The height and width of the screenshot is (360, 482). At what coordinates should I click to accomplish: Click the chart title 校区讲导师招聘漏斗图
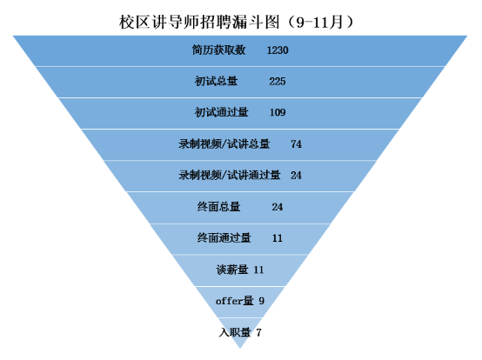pos(199,22)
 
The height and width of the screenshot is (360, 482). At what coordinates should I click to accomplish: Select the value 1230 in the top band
pos(278,50)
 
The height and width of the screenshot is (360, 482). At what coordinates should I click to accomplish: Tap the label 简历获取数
pos(218,50)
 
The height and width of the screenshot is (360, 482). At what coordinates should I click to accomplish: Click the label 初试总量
pos(216,81)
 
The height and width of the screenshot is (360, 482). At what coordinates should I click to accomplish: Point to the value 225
pos(278,82)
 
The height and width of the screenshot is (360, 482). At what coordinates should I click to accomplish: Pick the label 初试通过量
pos(221,112)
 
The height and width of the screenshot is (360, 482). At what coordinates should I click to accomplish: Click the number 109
pos(278,112)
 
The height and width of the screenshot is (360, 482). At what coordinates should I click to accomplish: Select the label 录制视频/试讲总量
pos(224,144)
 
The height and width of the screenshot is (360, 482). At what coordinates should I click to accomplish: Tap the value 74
pos(296,144)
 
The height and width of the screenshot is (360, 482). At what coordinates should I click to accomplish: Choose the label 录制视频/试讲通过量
pos(230,175)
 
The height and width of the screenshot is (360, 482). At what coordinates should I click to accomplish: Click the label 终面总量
pos(218,207)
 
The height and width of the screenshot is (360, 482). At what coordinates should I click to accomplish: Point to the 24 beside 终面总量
pos(278,207)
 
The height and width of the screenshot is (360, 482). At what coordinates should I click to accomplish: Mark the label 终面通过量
pos(224,238)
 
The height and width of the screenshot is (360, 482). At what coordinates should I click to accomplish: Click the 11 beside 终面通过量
pos(278,238)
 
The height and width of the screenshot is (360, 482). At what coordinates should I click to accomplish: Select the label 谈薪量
pos(232,270)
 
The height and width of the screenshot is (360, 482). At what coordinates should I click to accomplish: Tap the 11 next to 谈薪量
pos(258,270)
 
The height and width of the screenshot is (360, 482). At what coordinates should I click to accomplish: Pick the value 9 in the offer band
pos(261,301)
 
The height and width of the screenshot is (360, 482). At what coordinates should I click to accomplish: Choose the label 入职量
pos(235,332)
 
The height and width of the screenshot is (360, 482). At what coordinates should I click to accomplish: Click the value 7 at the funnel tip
pos(258,333)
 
